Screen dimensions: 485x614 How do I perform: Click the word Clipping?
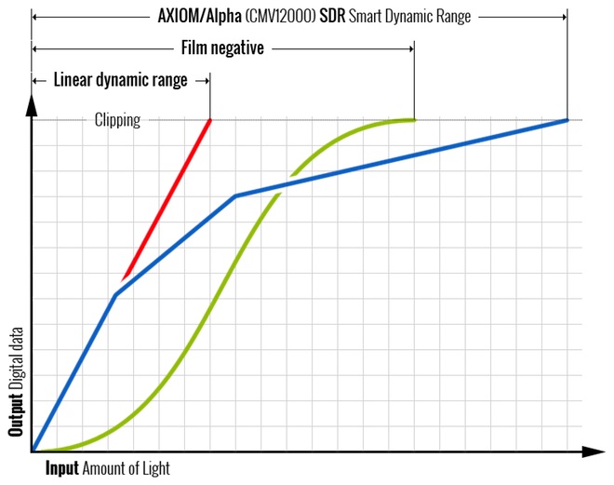[x=117, y=120]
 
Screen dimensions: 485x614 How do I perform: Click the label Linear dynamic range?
[x=120, y=80]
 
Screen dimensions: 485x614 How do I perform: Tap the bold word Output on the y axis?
[x=16, y=411]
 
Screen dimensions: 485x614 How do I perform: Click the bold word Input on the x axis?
[x=62, y=468]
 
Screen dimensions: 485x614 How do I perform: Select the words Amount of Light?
[x=127, y=468]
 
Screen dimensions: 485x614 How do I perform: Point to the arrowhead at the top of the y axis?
[x=32, y=103]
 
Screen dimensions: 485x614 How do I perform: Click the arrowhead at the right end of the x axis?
[x=596, y=452]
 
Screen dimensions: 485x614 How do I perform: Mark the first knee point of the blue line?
[x=115, y=295]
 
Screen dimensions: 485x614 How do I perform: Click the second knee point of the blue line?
[x=235, y=195]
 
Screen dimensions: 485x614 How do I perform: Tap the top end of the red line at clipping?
[x=210, y=120]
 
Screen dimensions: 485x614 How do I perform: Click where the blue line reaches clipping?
[x=567, y=120]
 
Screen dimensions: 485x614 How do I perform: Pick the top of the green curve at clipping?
[x=412, y=120]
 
